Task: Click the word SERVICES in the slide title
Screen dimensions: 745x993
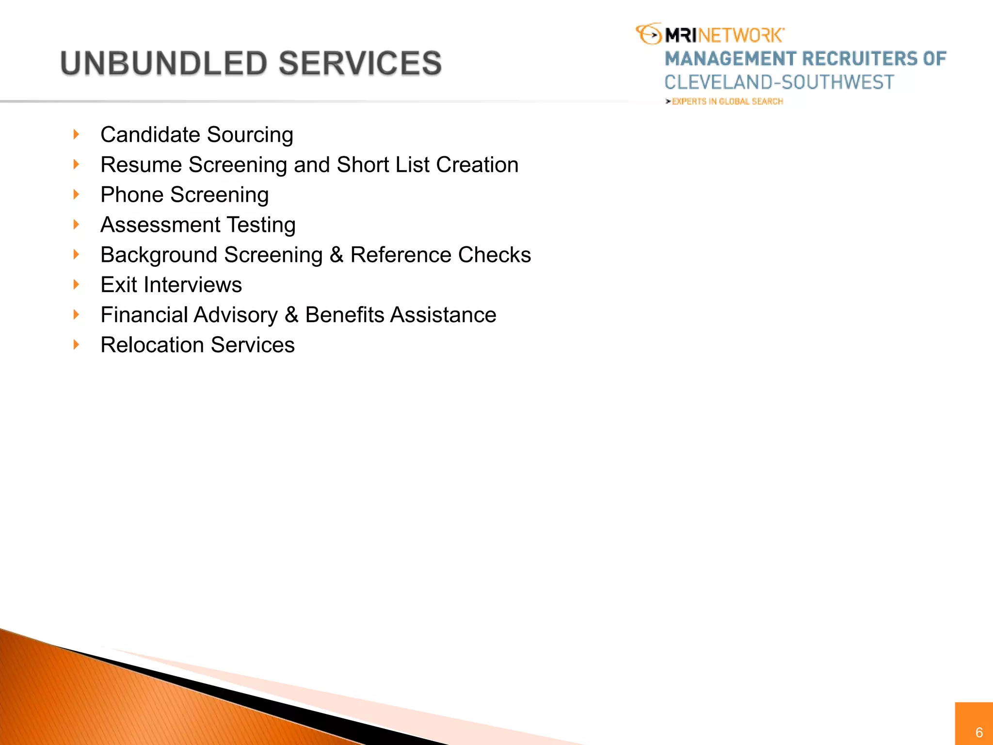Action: point(360,64)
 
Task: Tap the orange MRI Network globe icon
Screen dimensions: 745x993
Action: point(649,34)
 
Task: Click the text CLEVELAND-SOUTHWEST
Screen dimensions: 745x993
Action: point(779,82)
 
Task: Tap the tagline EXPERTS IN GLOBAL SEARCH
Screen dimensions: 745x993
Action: point(727,101)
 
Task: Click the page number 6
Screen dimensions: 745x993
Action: point(979,732)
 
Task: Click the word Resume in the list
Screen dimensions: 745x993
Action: point(141,165)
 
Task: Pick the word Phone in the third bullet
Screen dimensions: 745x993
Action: point(132,195)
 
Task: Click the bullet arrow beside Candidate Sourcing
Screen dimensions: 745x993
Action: point(76,134)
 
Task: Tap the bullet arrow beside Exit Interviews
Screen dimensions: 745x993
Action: point(76,284)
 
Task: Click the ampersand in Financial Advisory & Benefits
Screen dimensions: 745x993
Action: point(291,315)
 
